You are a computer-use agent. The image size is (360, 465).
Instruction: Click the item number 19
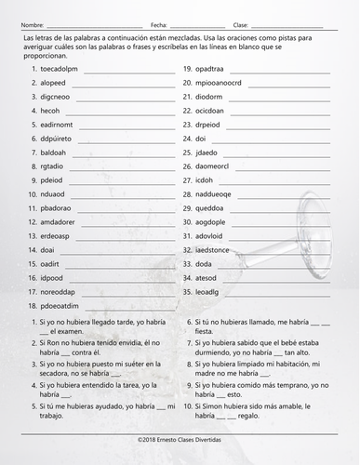187,69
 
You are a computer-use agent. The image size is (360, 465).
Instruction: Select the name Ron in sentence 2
58,341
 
